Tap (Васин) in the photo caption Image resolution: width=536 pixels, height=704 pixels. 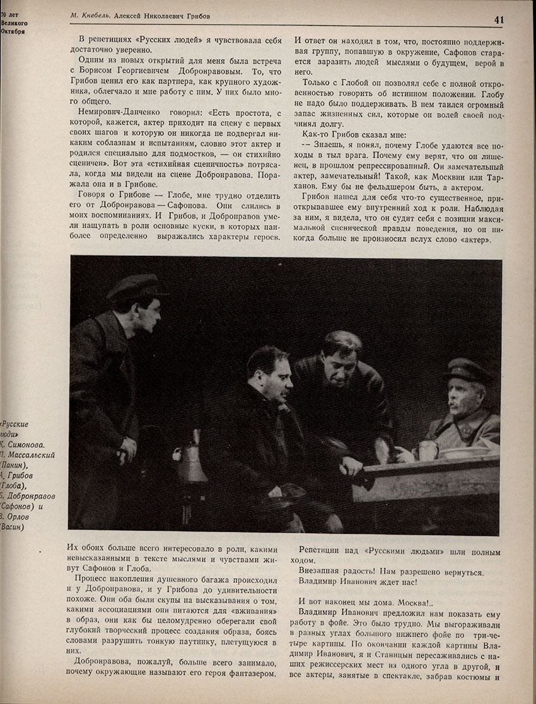point(13,527)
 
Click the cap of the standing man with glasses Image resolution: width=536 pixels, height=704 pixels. point(134,287)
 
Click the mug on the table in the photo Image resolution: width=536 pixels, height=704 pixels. point(428,449)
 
